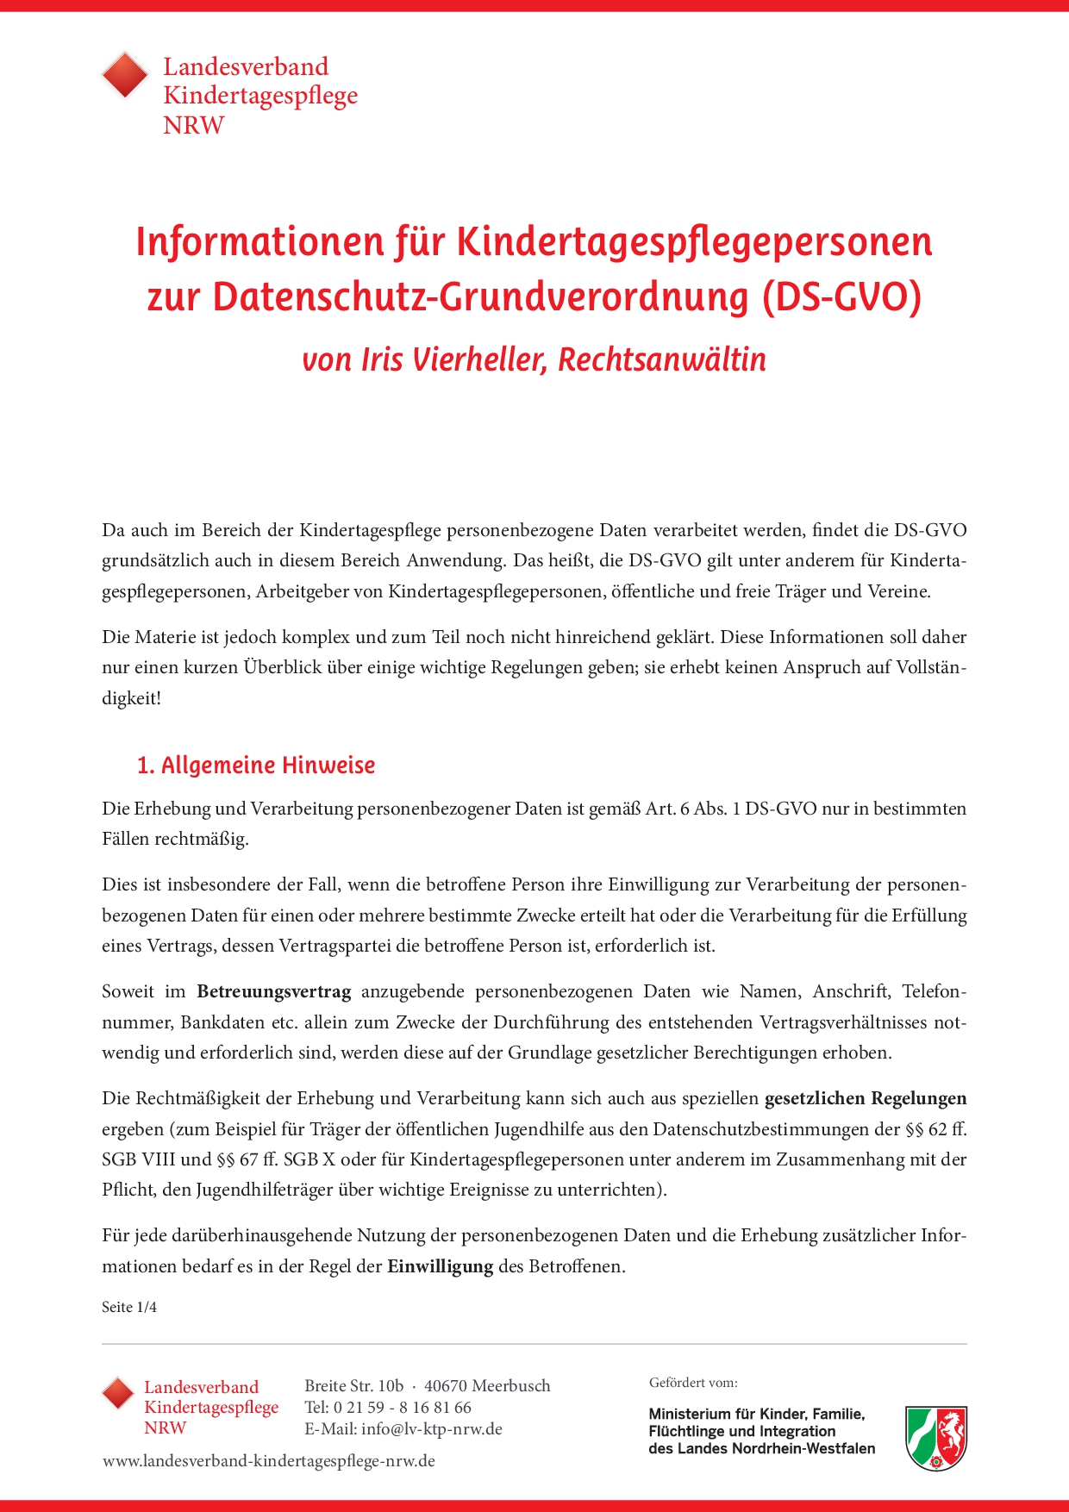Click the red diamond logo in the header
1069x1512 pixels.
126,76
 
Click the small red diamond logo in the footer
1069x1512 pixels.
118,1393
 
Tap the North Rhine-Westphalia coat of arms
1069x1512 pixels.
935,1438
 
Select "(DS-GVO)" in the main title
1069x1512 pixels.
841,297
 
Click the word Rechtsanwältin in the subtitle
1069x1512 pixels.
661,359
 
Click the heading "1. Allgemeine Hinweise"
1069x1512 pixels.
256,765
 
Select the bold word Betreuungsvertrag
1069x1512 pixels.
274,991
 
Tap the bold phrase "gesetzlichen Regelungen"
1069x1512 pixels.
866,1098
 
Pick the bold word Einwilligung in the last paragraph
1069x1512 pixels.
440,1266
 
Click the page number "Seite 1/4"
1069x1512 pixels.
129,1307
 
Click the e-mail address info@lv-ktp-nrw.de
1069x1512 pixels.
431,1428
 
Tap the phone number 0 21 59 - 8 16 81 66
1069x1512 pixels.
402,1407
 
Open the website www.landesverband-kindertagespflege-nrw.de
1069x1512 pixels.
269,1461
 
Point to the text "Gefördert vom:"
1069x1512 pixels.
693,1383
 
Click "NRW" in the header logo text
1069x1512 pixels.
193,125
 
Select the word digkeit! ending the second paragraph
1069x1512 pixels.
131,698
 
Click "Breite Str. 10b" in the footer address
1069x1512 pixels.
353,1385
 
